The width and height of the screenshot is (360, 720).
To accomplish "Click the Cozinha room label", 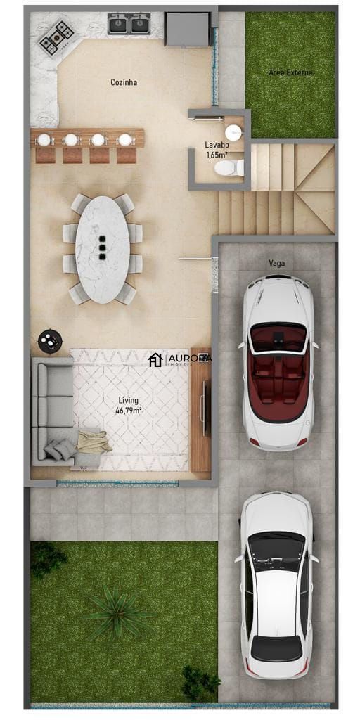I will click(124, 82).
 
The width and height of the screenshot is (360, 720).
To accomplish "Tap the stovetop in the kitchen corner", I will click(56, 37).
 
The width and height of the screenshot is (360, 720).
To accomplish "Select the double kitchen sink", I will click(129, 25).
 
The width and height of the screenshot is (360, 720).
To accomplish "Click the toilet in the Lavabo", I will click(230, 168).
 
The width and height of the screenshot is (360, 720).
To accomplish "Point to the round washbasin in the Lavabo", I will click(233, 132).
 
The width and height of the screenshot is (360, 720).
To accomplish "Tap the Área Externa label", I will click(290, 72).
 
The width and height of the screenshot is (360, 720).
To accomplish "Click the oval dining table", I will click(103, 249).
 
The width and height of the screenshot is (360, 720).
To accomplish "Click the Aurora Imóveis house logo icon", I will click(155, 360).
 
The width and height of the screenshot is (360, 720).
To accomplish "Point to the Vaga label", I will click(276, 263).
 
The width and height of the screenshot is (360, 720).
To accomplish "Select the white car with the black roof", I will click(276, 585).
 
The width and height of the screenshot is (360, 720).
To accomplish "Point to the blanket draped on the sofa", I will click(94, 442).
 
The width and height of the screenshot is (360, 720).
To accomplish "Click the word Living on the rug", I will click(128, 400).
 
